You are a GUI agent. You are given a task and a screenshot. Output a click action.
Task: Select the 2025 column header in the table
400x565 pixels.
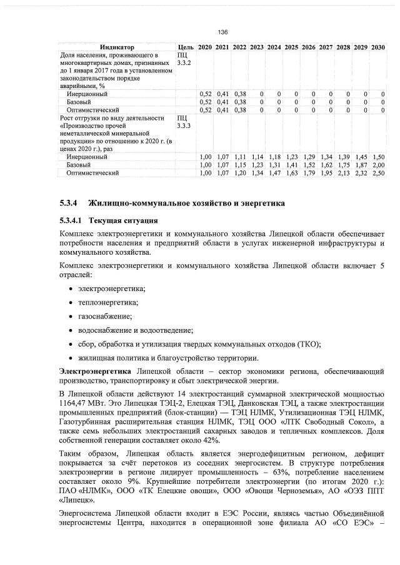(x=291, y=47)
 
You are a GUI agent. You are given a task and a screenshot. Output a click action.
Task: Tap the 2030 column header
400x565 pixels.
(x=377, y=47)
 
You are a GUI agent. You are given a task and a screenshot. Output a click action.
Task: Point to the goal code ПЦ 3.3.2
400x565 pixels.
(x=183, y=59)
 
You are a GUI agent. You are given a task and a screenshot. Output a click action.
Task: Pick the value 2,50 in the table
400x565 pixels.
(x=377, y=173)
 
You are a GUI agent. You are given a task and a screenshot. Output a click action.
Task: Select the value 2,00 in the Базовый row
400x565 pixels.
(x=377, y=165)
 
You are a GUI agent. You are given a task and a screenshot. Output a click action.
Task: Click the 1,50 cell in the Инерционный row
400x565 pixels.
(x=377, y=157)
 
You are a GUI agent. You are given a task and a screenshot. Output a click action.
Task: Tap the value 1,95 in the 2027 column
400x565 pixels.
(x=325, y=173)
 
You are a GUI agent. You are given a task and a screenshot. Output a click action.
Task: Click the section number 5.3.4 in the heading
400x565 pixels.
(x=67, y=204)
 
